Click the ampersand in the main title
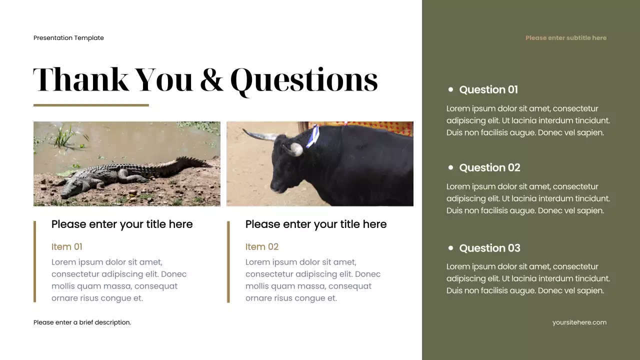tap(211, 80)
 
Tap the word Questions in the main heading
tap(303, 80)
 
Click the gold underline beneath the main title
tap(91, 105)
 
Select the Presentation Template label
tap(68, 38)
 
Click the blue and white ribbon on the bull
tap(312, 136)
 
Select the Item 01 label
tap(66, 246)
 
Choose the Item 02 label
tap(261, 246)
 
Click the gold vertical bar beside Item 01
tap(35, 261)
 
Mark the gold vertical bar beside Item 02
tap(228, 261)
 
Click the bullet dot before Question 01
tap(450, 89)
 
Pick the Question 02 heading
tap(489, 167)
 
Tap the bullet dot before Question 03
tap(450, 247)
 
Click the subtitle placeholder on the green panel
tap(565, 38)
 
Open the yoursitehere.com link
tap(579, 322)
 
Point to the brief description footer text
tap(82, 322)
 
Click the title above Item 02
tap(315, 224)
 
